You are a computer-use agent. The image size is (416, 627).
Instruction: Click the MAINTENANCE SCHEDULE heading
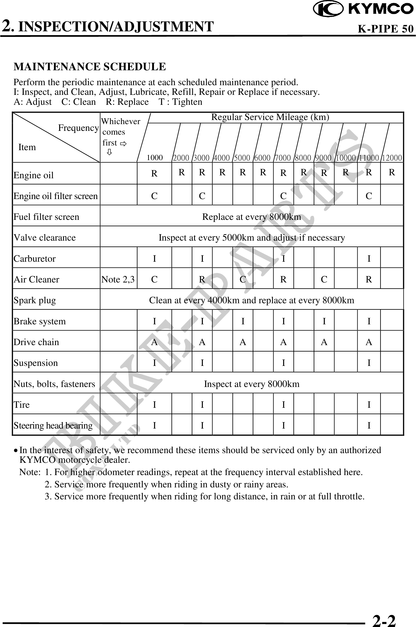click(90, 67)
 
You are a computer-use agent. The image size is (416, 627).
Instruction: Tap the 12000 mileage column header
click(392, 158)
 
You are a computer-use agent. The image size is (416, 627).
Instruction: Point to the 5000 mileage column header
click(242, 158)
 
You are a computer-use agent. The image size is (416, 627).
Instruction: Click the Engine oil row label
click(34, 175)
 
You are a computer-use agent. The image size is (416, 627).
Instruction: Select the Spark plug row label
click(35, 300)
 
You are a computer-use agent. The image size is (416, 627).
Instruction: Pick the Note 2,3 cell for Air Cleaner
click(118, 280)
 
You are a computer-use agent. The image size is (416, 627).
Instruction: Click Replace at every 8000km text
click(252, 217)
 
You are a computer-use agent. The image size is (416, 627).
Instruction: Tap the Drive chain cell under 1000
click(154, 342)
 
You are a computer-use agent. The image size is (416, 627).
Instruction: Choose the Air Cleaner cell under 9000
click(324, 280)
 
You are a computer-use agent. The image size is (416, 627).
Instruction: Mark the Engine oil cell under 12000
click(392, 172)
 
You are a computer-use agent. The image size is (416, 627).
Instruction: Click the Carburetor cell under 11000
click(369, 258)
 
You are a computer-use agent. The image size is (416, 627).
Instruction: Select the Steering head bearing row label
click(53, 425)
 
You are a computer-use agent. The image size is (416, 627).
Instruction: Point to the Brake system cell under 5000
click(243, 321)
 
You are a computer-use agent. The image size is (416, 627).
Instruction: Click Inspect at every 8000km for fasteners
click(252, 384)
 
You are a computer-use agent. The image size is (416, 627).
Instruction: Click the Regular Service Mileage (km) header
click(270, 117)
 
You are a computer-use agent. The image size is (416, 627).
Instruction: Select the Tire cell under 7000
click(283, 405)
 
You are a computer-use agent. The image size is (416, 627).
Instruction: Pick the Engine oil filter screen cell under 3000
click(202, 196)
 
